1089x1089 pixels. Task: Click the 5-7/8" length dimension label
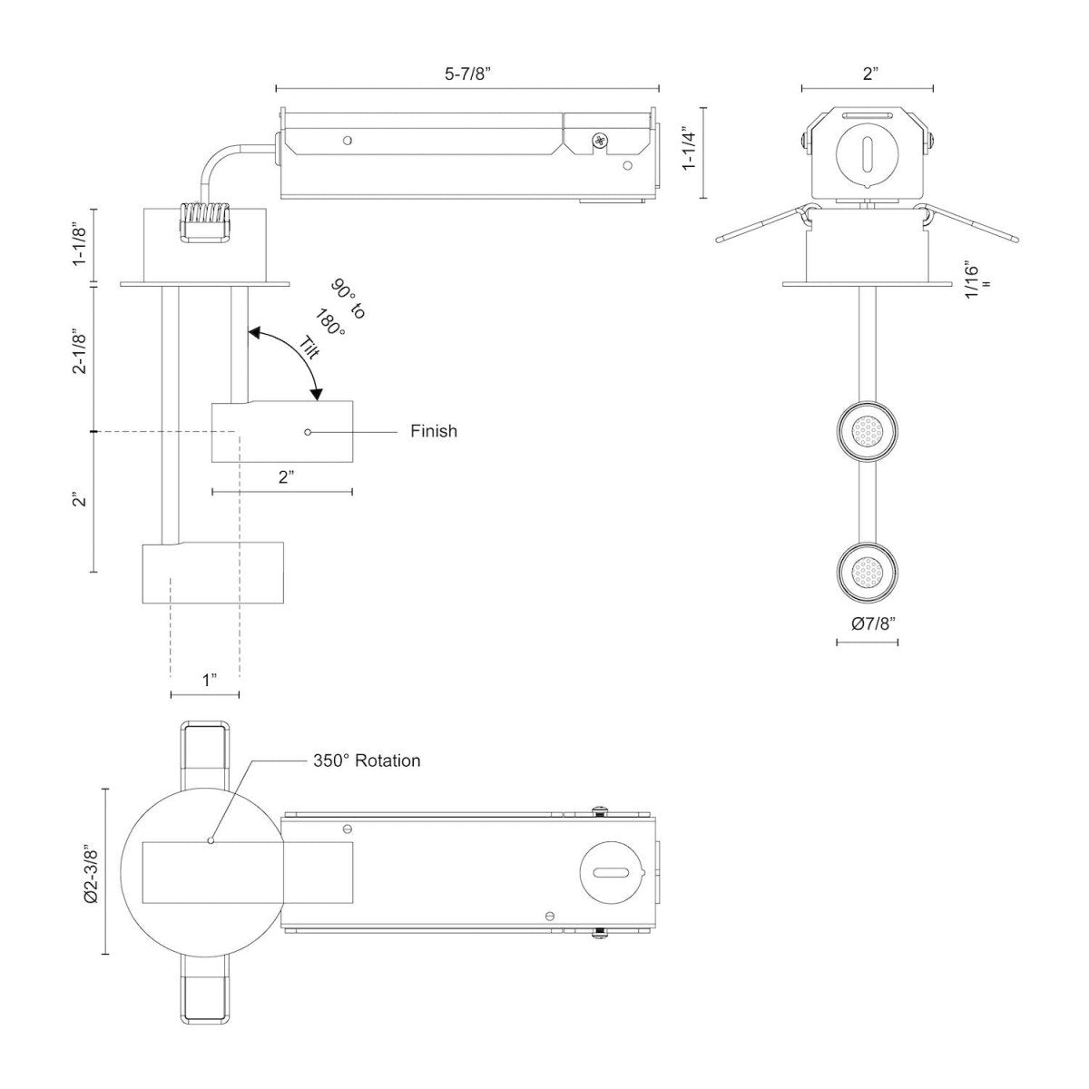[x=467, y=74]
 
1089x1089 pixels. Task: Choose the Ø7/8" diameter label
[x=868, y=623]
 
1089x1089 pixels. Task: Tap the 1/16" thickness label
[x=972, y=280]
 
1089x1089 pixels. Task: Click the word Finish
[x=433, y=431]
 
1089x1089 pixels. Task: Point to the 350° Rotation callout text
[x=367, y=760]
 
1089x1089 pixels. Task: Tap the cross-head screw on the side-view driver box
[x=600, y=141]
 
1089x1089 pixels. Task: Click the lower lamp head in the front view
[x=868, y=571]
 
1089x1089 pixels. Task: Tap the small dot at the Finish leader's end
[x=309, y=432]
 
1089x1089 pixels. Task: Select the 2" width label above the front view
[x=869, y=74]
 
